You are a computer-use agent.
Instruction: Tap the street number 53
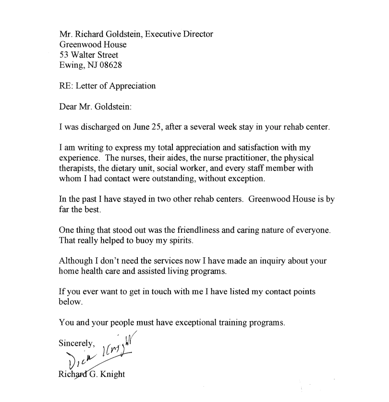pyautogui.click(x=63, y=55)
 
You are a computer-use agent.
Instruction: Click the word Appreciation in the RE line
pyautogui.click(x=133, y=86)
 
